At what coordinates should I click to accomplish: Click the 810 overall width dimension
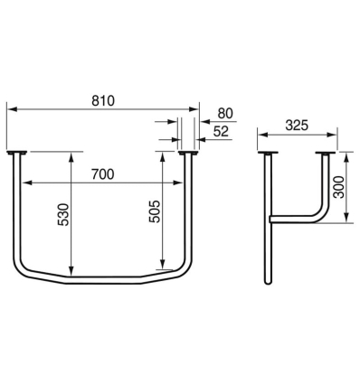103,100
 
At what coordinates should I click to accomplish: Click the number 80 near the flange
225,115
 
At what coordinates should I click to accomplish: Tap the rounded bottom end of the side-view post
268,283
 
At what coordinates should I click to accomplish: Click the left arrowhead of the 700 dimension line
25,183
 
